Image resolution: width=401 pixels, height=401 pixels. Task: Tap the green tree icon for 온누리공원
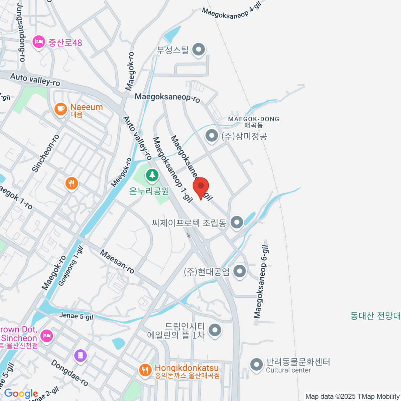(152, 175)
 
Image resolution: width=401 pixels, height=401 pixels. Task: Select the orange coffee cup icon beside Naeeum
(60, 109)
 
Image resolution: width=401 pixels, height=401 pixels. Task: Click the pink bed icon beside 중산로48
(39, 42)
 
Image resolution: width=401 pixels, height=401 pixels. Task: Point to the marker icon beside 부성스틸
(199, 50)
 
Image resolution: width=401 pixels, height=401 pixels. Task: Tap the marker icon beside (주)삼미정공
(211, 136)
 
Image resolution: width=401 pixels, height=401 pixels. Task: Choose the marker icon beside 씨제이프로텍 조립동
(237, 222)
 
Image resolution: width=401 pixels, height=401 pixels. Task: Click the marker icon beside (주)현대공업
(240, 271)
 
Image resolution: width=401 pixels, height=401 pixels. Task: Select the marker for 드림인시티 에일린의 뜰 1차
(215, 330)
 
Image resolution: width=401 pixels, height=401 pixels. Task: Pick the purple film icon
(81, 356)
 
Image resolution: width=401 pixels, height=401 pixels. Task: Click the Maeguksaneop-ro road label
(167, 98)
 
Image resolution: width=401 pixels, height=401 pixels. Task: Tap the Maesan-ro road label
(117, 262)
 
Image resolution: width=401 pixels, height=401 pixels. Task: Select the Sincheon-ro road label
(46, 153)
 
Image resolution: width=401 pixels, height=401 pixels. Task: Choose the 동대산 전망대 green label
(375, 315)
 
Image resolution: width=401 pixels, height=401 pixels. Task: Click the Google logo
(21, 393)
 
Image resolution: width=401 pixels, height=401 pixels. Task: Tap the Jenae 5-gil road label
(76, 316)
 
